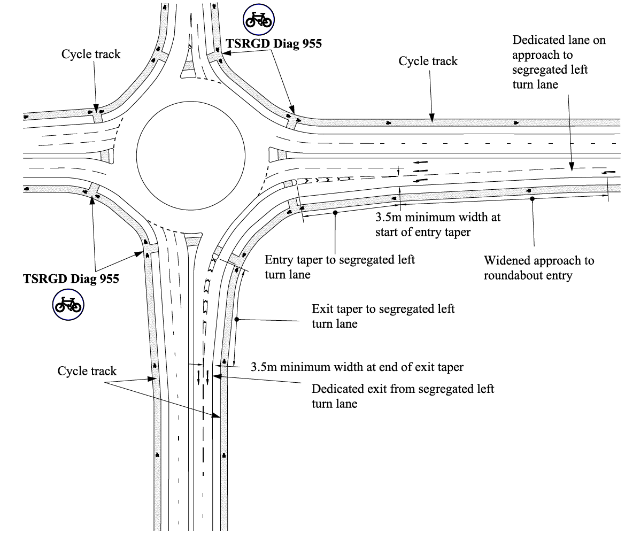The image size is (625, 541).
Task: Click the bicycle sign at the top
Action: tap(259, 20)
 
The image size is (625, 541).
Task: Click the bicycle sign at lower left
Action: tap(68, 306)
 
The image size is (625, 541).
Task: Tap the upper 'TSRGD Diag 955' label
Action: tap(274, 44)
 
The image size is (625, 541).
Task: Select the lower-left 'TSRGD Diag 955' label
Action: tap(71, 279)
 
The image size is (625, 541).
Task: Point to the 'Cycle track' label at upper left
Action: tap(91, 55)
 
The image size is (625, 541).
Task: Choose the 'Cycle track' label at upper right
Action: tap(428, 61)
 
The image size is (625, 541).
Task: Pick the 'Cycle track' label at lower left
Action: tap(87, 370)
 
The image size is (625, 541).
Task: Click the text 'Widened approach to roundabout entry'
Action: tap(538, 267)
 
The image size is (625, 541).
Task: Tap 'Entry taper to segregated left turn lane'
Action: tap(340, 266)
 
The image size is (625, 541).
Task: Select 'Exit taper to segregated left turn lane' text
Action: tap(383, 316)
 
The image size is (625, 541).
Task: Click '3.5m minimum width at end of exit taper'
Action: tap(357, 367)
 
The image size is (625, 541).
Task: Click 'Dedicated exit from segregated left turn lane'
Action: tap(403, 396)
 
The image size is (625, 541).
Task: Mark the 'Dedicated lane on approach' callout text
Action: tap(558, 63)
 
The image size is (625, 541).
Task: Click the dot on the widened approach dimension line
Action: tap(533, 199)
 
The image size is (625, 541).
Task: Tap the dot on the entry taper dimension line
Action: tap(335, 213)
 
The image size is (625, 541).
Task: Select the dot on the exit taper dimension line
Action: tap(236, 320)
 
